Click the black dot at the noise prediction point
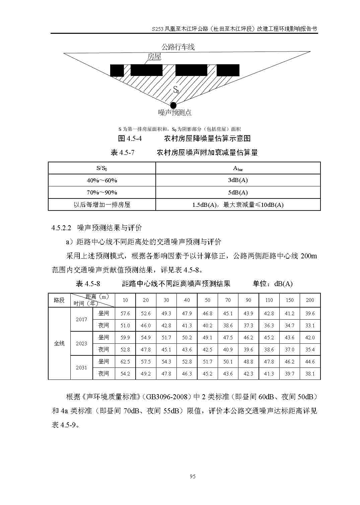click(173, 105)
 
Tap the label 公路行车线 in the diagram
click(178, 47)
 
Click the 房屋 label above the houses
click(154, 57)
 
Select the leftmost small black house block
click(117, 70)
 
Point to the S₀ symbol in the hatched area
click(176, 90)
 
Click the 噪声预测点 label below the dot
click(174, 113)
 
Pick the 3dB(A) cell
click(238, 180)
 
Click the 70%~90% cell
click(102, 192)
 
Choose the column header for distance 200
click(310, 300)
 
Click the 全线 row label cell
click(59, 343)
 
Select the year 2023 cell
click(81, 343)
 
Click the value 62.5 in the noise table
click(125, 362)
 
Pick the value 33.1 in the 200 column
click(310, 325)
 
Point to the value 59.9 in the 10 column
click(125, 338)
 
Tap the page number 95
click(192, 477)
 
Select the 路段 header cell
click(59, 300)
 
